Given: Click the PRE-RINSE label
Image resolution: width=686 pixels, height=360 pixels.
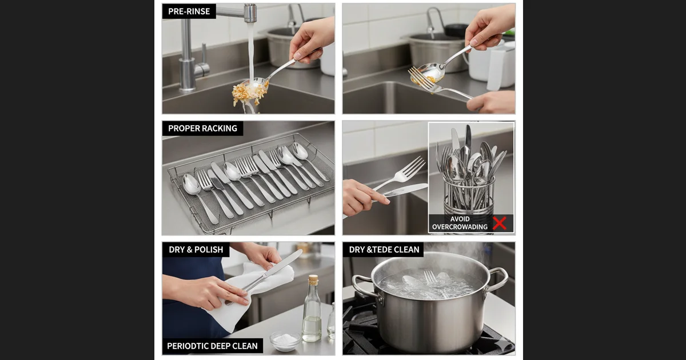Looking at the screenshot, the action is tap(189, 11).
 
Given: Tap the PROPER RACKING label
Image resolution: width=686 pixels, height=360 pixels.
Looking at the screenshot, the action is tap(202, 128).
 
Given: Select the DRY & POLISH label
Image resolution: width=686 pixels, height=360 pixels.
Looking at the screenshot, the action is tap(196, 250).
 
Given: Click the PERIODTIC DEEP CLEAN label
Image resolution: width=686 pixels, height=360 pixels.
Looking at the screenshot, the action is tap(212, 346).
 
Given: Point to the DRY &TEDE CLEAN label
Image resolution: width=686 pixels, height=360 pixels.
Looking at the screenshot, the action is tap(384, 250).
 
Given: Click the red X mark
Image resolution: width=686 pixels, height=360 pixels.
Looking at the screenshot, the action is tap(500, 223).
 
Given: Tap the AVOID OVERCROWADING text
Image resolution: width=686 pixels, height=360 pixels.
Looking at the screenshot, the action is tap(460, 223).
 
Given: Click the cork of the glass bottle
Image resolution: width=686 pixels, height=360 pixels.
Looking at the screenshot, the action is tap(313, 280).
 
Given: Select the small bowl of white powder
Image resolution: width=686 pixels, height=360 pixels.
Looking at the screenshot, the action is tap(285, 341).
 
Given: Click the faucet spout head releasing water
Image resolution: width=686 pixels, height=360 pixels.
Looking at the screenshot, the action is tap(250, 13).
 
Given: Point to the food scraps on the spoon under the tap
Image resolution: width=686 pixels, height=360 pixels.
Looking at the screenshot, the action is tap(248, 92).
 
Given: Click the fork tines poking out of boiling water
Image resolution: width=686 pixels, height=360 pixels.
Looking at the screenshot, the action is tap(430, 277).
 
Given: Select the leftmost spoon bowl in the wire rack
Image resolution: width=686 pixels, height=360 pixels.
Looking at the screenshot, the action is tap(191, 184).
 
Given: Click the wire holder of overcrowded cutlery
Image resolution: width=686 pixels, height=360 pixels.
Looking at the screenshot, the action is tap(469, 197).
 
